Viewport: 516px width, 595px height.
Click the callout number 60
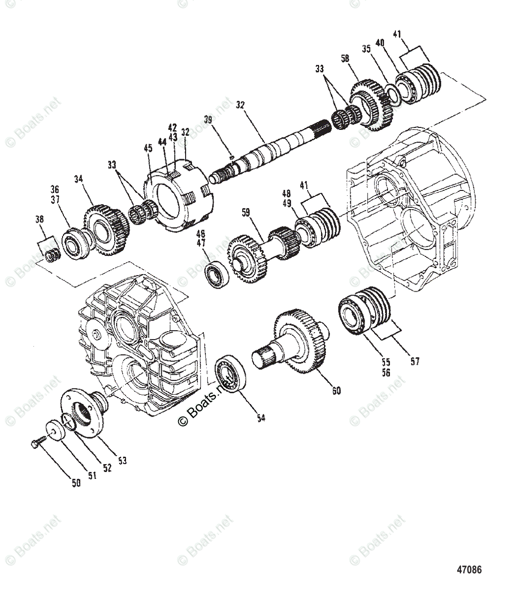click(x=336, y=391)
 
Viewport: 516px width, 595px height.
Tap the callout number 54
click(x=261, y=418)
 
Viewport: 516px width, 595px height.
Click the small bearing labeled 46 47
click(x=217, y=275)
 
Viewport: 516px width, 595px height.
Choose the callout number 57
click(x=415, y=361)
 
